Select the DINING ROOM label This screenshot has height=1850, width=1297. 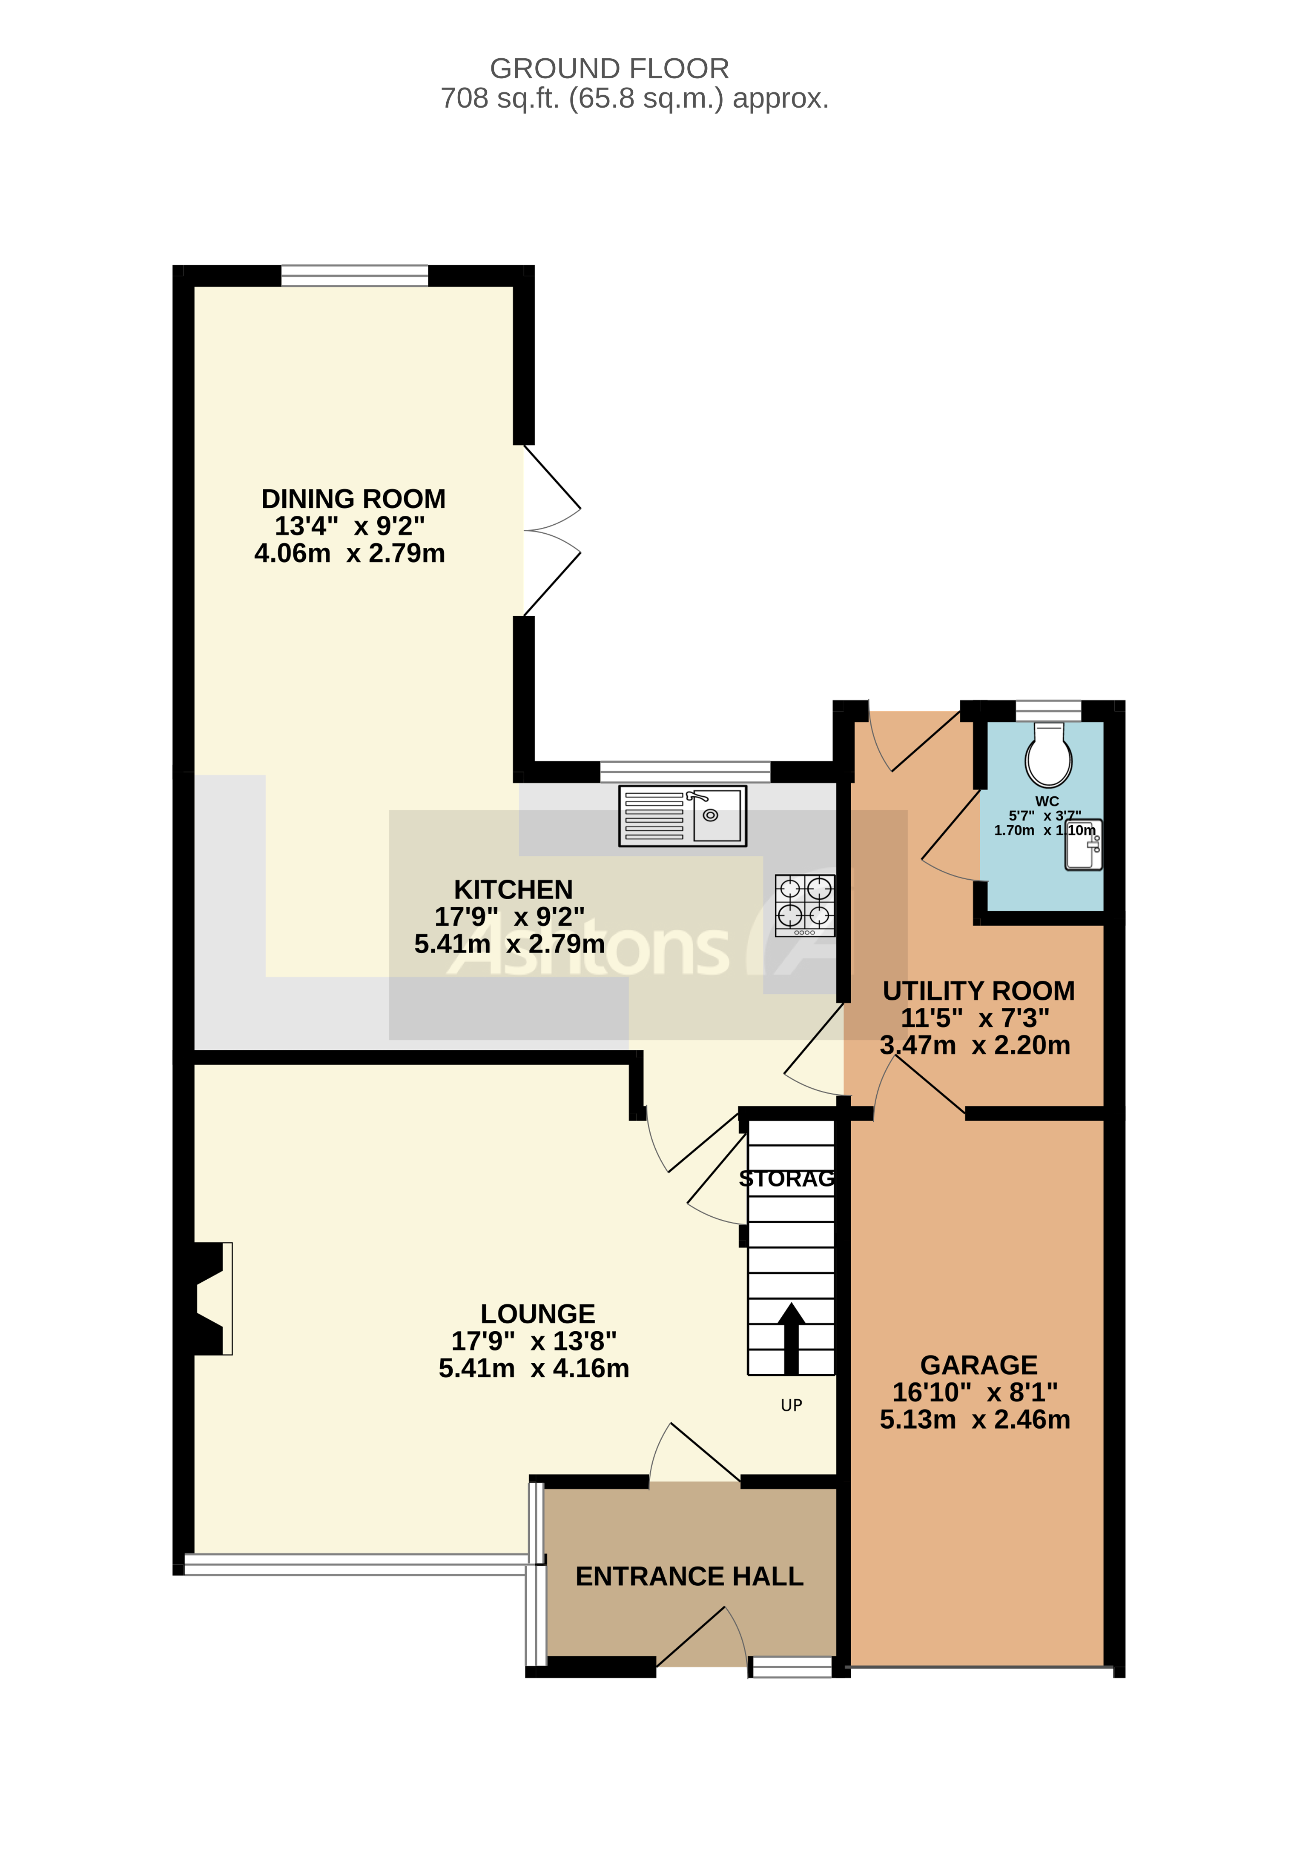(x=353, y=499)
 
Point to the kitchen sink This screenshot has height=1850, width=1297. (x=682, y=815)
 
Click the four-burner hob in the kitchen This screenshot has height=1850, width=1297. (x=804, y=905)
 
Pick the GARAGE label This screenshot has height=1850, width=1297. (x=978, y=1365)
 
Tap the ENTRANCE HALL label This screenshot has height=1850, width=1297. (x=689, y=1576)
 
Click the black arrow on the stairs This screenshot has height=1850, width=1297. (x=791, y=1338)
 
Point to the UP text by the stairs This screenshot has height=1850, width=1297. (x=791, y=1405)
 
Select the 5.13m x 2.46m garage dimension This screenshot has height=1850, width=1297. (x=975, y=1420)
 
